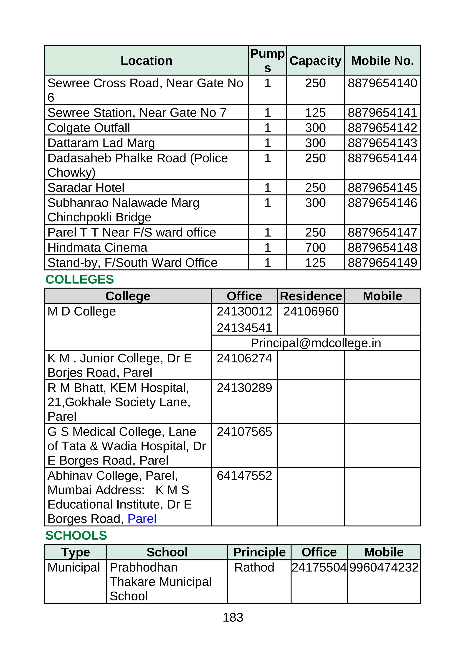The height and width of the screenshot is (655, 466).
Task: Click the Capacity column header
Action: [315, 61]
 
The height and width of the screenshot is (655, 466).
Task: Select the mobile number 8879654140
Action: [382, 83]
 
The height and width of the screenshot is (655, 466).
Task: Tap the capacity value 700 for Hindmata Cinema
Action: [315, 248]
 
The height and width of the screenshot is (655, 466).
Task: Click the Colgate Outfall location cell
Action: [89, 128]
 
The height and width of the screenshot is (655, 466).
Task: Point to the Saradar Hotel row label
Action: [86, 188]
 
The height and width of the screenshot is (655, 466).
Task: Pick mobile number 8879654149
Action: [382, 263]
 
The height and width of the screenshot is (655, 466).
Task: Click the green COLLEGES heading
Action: [79, 279]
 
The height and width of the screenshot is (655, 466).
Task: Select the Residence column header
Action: [311, 296]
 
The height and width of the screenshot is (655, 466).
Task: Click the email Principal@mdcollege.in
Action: [316, 343]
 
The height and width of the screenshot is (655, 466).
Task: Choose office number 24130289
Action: [244, 388]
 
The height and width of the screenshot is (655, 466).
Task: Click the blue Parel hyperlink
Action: [142, 519]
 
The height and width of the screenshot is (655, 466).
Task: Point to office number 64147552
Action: [244, 476]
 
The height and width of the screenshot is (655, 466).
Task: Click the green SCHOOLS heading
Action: [76, 536]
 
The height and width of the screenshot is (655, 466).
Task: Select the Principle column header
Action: [259, 552]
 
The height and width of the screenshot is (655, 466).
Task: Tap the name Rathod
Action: [254, 567]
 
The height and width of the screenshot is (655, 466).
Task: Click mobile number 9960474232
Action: [384, 567]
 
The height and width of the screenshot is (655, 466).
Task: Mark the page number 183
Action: [233, 617]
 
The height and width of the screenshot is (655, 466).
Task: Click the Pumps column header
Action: [267, 61]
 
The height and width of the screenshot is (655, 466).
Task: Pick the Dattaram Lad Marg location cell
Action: [101, 143]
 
